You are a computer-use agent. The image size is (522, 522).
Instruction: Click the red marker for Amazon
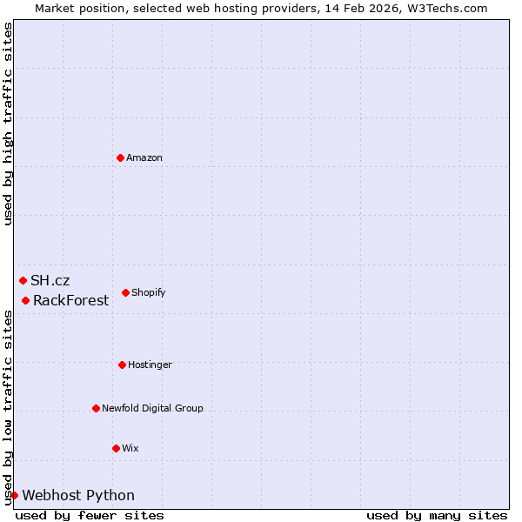(120, 157)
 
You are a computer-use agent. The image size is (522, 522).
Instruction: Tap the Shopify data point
(125, 292)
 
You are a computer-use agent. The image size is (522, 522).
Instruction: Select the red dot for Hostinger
(122, 365)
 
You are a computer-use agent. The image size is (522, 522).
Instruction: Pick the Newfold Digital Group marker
(96, 408)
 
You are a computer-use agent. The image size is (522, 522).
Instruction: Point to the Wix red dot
(116, 448)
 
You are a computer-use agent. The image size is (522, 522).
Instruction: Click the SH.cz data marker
(23, 280)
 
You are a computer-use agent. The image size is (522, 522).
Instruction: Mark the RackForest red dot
(25, 300)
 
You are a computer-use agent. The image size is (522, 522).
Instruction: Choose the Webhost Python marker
(14, 495)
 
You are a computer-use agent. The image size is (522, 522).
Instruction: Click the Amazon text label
(144, 157)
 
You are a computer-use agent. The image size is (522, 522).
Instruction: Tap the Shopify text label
(149, 292)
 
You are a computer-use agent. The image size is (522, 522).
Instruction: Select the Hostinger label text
(150, 365)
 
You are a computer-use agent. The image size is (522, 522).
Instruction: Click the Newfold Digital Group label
(152, 408)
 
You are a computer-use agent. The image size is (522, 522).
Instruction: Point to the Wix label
(130, 448)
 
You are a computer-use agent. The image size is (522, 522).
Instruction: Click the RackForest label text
(71, 300)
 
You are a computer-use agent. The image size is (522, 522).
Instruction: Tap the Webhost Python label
(78, 495)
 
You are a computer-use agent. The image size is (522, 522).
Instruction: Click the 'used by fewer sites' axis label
(90, 515)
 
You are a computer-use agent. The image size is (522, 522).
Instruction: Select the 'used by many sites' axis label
(437, 515)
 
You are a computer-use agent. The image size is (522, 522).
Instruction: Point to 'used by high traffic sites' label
(8, 124)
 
